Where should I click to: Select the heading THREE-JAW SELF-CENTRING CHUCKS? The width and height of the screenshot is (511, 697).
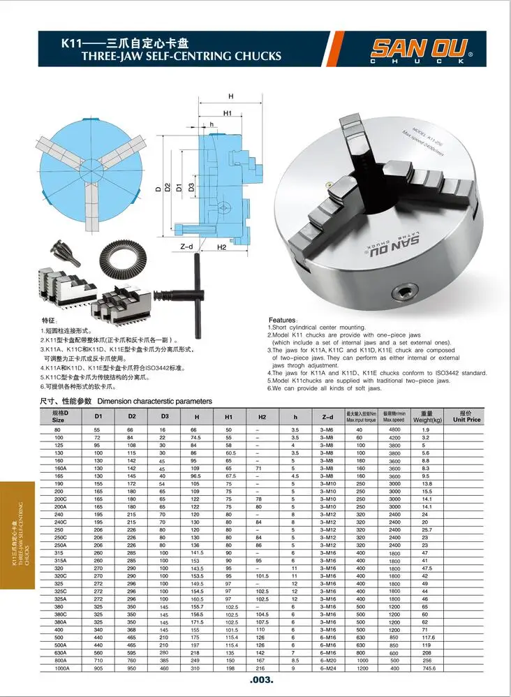pyautogui.click(x=182, y=56)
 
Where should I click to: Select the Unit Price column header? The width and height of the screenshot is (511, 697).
pyautogui.click(x=466, y=417)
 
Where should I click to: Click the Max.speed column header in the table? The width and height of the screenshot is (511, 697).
pyautogui.click(x=394, y=417)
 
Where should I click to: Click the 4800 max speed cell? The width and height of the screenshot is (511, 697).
pyautogui.click(x=394, y=429)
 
